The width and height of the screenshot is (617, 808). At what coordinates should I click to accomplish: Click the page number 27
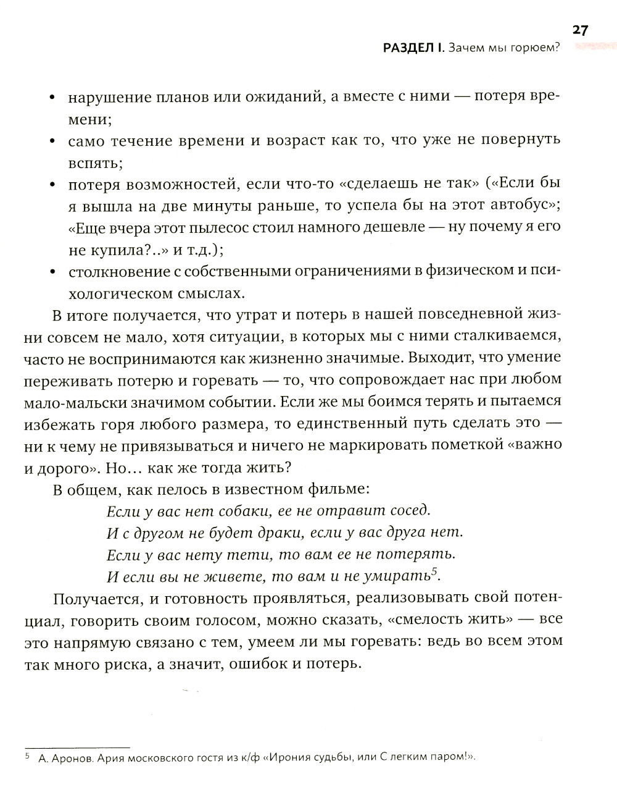pos(580,30)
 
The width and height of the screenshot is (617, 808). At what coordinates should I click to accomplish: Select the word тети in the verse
pos(249,554)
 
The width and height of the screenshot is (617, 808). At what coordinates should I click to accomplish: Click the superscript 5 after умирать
pos(434,571)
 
